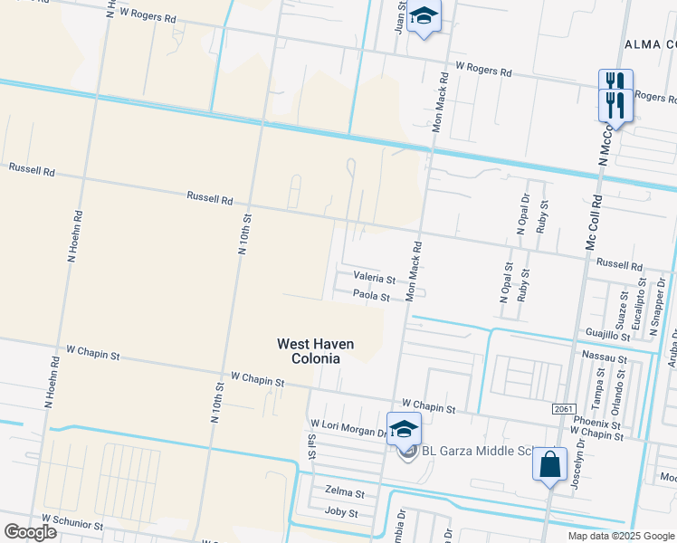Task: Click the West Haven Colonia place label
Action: coord(315,351)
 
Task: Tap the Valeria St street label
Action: coord(374,280)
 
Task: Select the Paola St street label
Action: coord(371,296)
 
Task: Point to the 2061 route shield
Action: coord(562,409)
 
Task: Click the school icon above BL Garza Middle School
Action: coord(404,428)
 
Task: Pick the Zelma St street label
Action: coord(345,494)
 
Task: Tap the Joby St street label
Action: coord(341,513)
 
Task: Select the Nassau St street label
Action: coord(605,359)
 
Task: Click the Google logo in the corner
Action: coord(30,532)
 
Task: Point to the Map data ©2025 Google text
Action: coord(620,536)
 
